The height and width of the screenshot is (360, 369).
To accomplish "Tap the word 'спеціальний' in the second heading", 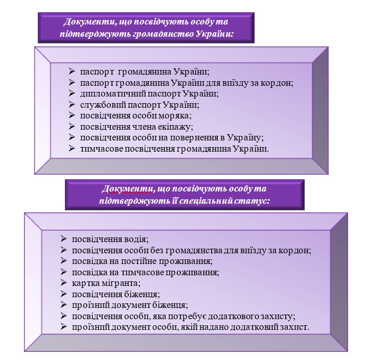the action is [205, 201].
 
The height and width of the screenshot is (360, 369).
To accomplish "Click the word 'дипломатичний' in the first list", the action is [113, 94].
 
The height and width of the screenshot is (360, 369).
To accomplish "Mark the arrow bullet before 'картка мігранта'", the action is [63, 283].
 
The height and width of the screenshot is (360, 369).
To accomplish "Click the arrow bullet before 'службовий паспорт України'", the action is [72, 104].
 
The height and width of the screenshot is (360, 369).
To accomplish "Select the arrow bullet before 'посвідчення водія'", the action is [63, 238].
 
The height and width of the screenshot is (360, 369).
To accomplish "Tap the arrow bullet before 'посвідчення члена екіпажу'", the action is [72, 127].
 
